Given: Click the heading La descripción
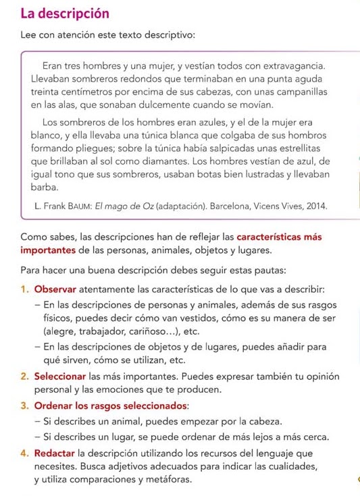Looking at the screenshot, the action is [65, 13].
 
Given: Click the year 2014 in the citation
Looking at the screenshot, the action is [315, 207].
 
